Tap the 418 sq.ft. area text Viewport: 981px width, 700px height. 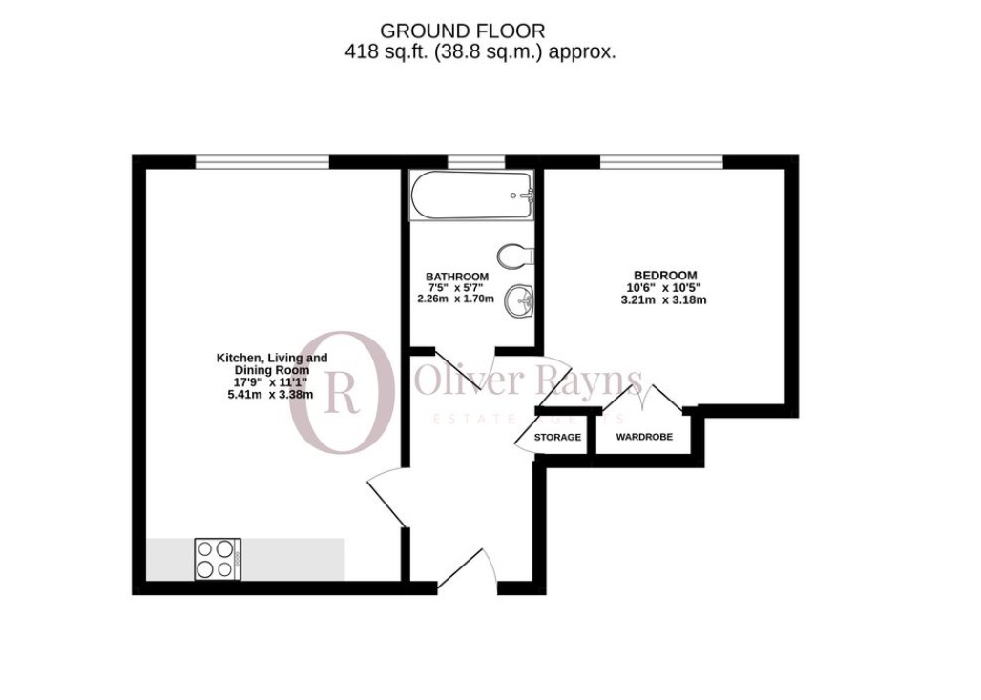tap(480, 51)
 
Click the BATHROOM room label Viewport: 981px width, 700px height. tap(457, 277)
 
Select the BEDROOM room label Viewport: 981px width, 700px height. tap(661, 276)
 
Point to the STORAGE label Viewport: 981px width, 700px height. tap(557, 437)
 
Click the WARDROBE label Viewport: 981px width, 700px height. tap(643, 437)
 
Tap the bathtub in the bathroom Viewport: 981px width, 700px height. tap(471, 196)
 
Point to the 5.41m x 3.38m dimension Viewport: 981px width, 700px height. tap(272, 394)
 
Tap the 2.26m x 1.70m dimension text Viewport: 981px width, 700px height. tap(456, 299)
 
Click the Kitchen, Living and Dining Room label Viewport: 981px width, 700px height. tap(272, 363)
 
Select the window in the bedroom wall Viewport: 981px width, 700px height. tap(661, 162)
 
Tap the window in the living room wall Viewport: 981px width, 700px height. tap(261, 162)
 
